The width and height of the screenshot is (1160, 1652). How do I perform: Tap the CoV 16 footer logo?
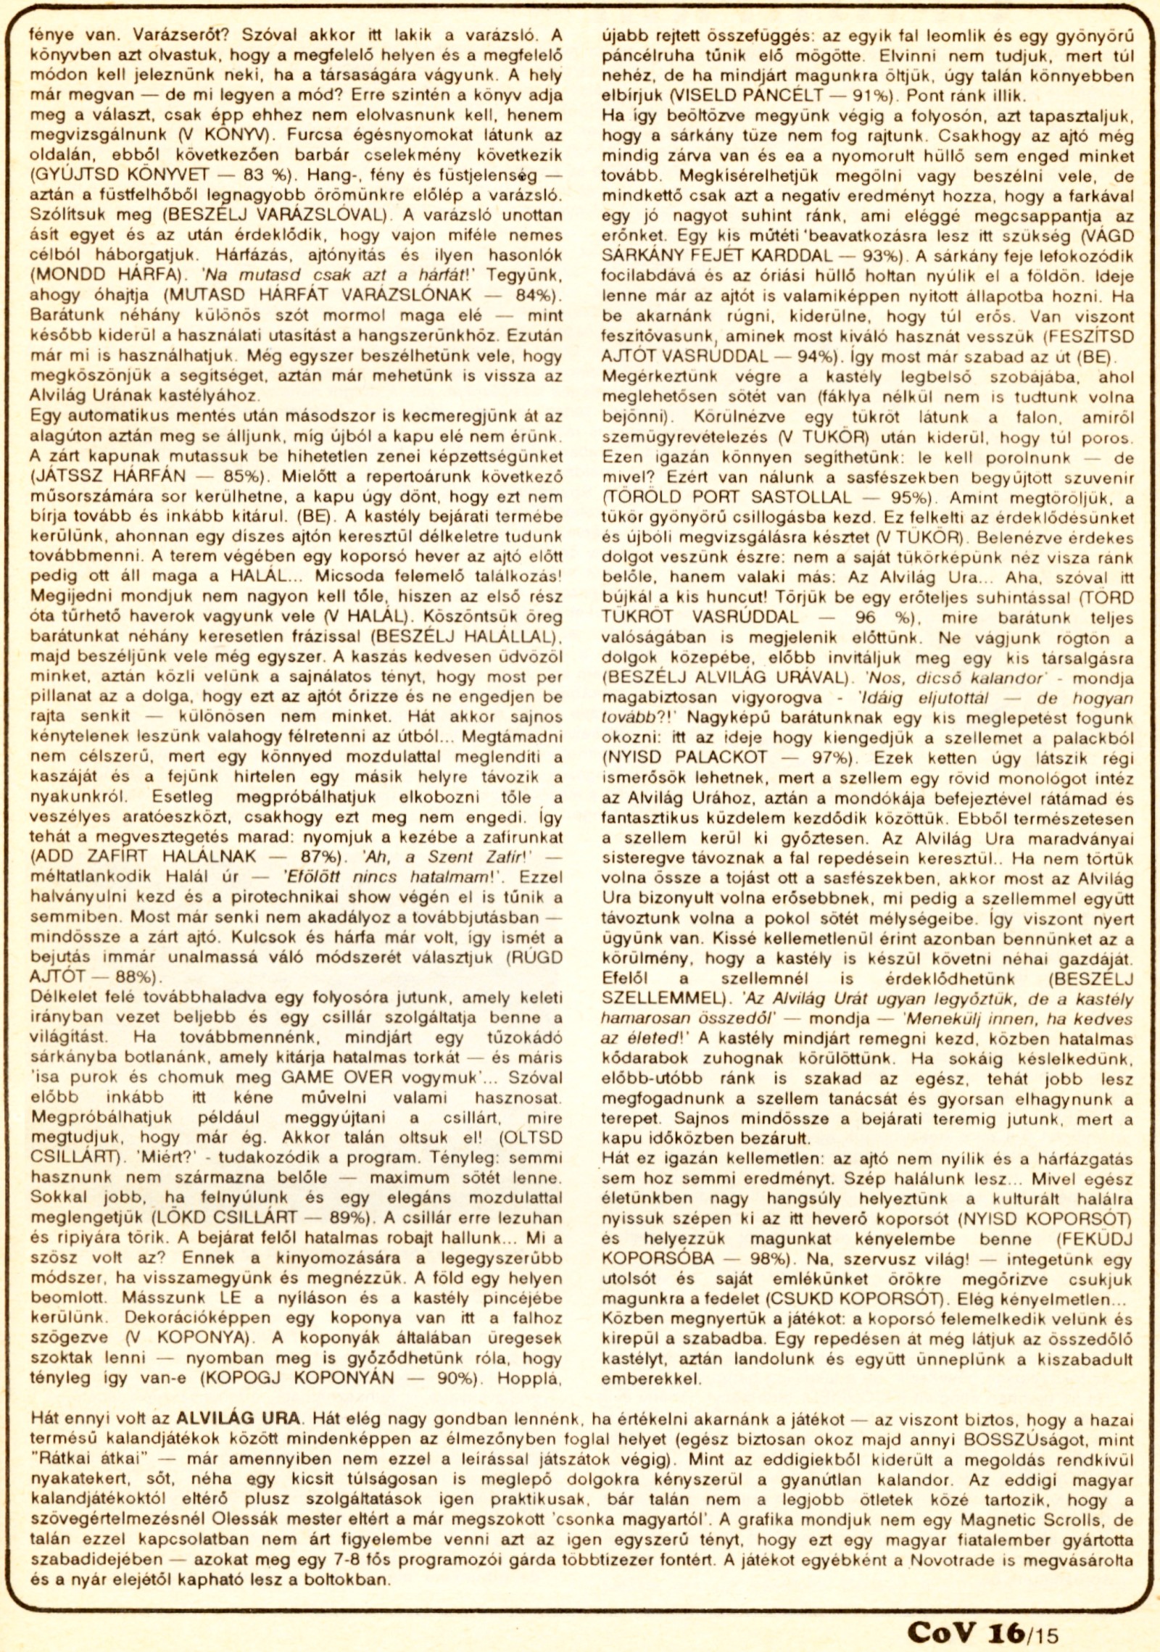[965, 1612]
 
